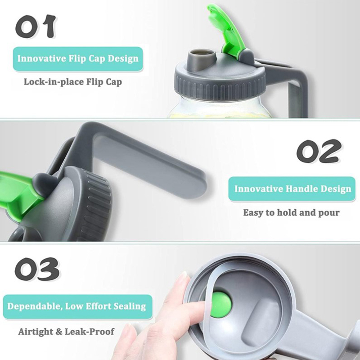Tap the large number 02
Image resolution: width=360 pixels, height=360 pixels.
point(319,151)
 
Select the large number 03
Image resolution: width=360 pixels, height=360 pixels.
point(37,269)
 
